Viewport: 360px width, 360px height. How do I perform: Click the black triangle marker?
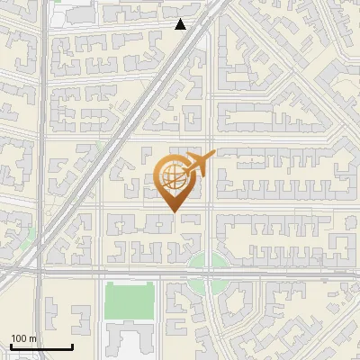(181, 24)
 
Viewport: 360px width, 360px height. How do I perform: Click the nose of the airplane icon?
(212, 154)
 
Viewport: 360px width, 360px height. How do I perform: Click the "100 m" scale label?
(23, 337)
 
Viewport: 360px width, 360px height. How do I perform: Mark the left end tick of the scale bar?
(11, 346)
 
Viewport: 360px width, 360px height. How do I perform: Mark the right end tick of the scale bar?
(72, 346)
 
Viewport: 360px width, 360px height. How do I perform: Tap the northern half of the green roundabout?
(208, 261)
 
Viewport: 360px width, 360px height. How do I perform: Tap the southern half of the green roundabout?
(208, 286)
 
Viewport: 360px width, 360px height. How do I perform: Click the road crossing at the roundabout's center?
(208, 274)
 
